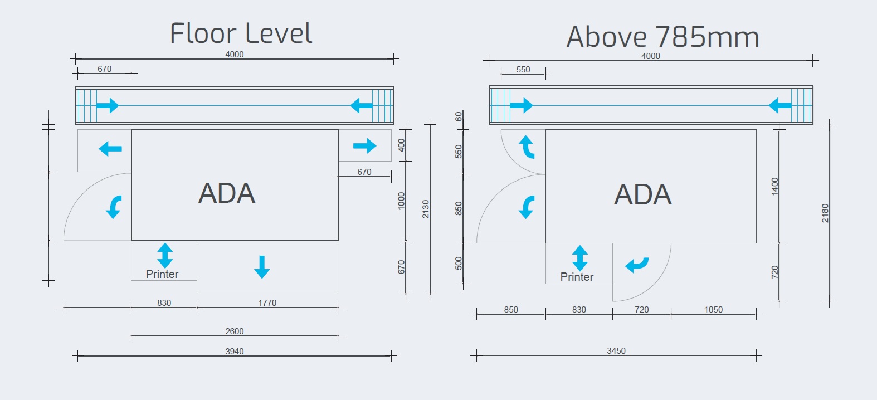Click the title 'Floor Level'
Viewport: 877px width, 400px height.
[x=241, y=33]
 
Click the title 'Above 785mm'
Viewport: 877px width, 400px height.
[x=662, y=37]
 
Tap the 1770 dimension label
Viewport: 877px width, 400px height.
[x=267, y=303]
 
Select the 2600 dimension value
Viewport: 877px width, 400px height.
[x=235, y=331]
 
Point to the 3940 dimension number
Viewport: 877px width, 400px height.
[x=235, y=352]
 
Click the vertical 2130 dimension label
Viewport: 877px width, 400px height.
[x=426, y=209]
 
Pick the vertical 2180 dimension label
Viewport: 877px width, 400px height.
[x=825, y=213]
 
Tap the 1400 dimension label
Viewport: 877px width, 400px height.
[x=774, y=186]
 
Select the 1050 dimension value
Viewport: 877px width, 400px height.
[x=713, y=310]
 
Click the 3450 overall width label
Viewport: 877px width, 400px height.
[x=616, y=351]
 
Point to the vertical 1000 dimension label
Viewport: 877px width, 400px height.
[x=401, y=201]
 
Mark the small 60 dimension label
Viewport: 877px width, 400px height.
[x=459, y=116]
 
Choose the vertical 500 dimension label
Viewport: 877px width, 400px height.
[x=459, y=263]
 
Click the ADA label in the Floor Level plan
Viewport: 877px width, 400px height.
[x=227, y=193]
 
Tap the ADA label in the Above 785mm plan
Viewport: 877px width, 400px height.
[x=643, y=194]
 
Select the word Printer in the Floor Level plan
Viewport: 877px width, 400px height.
[x=162, y=274]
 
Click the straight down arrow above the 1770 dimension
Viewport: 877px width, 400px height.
[x=262, y=267]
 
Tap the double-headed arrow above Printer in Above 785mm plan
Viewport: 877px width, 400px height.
[x=580, y=258]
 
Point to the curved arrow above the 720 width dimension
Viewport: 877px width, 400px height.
[x=637, y=265]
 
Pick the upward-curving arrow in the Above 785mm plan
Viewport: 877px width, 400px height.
[x=526, y=147]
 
